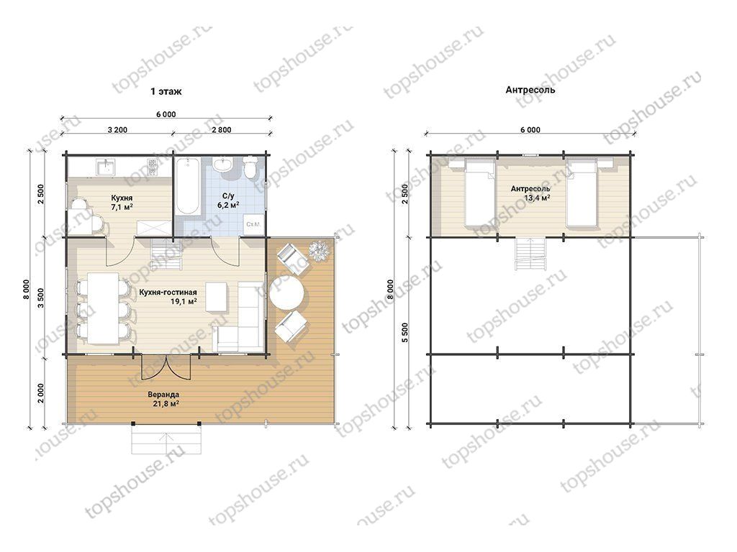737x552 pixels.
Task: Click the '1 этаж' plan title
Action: pyautogui.click(x=166, y=91)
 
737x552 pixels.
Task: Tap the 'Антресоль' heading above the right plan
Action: pyautogui.click(x=530, y=90)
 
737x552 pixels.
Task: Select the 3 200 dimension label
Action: pyautogui.click(x=117, y=130)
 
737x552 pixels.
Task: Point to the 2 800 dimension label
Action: pyautogui.click(x=222, y=130)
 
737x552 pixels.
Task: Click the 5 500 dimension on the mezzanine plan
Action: pyautogui.click(x=406, y=332)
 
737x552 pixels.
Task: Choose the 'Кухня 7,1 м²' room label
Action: pyautogui.click(x=122, y=202)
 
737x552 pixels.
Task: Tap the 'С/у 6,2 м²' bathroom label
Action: pyautogui.click(x=228, y=201)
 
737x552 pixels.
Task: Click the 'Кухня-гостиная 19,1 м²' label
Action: pyautogui.click(x=168, y=297)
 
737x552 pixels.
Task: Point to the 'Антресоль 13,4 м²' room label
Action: pyautogui.click(x=530, y=193)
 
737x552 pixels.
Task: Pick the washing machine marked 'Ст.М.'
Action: pyautogui.click(x=253, y=224)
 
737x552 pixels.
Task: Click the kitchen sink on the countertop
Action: pyautogui.click(x=107, y=167)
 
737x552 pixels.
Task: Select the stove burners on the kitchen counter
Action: pyautogui.click(x=153, y=167)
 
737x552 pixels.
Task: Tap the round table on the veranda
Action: pyautogui.click(x=286, y=292)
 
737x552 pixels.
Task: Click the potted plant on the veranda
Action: pyautogui.click(x=319, y=249)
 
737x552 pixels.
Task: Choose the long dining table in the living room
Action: pyautogui.click(x=104, y=308)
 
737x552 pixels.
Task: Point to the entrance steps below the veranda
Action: pyautogui.click(x=166, y=439)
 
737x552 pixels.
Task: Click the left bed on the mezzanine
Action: pyautogui.click(x=480, y=193)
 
